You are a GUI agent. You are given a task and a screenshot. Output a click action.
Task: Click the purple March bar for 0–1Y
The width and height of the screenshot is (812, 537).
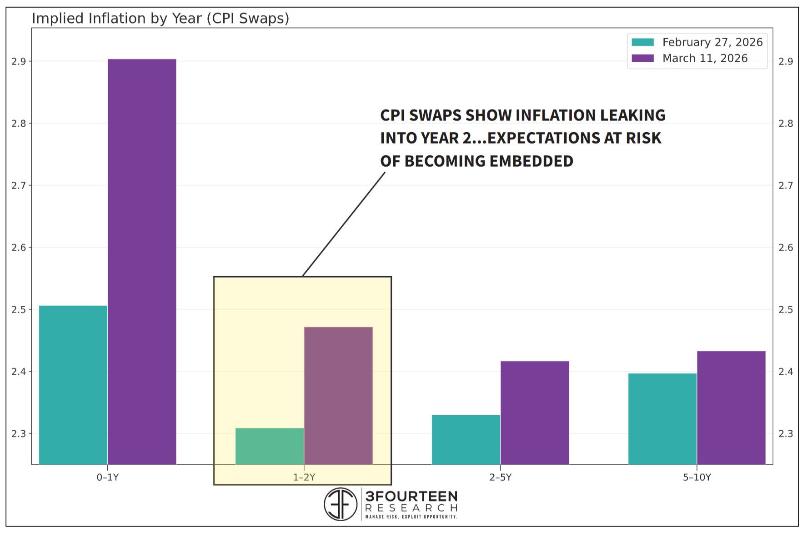coord(142,261)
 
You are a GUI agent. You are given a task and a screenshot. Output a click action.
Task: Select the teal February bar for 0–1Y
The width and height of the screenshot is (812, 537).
coord(73,385)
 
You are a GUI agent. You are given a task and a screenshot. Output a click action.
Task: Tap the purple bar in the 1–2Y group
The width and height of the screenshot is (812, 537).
coord(338,395)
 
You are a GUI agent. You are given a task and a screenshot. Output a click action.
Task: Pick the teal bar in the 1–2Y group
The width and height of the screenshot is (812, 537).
coord(270,446)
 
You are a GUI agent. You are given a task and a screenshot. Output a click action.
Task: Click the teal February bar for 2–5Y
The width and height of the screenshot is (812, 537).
coord(466,439)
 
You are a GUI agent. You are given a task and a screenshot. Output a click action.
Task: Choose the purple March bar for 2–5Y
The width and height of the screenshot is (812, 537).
coord(535,413)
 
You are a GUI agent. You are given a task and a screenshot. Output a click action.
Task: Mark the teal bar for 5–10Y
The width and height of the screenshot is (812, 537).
coord(662,418)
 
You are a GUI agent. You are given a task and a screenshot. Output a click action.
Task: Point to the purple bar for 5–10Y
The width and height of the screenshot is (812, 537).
coord(731,408)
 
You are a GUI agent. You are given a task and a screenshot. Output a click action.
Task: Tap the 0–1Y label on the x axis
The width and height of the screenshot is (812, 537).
coord(108,477)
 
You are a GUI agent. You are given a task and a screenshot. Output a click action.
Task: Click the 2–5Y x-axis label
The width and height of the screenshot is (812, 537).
coord(501,477)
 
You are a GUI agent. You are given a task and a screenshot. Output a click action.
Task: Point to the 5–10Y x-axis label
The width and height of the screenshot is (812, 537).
coord(697,477)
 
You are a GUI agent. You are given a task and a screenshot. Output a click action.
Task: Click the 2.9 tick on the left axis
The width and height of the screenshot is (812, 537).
coord(18,61)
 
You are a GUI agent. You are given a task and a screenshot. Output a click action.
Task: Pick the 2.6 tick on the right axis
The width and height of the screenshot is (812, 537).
coord(786,248)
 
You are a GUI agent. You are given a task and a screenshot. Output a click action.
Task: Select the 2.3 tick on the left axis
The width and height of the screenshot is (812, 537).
coord(18,434)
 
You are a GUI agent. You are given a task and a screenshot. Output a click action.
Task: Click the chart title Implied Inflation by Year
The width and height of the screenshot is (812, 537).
coord(160,19)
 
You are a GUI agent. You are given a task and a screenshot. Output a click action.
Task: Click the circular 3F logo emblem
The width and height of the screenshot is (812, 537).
coord(341,504)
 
